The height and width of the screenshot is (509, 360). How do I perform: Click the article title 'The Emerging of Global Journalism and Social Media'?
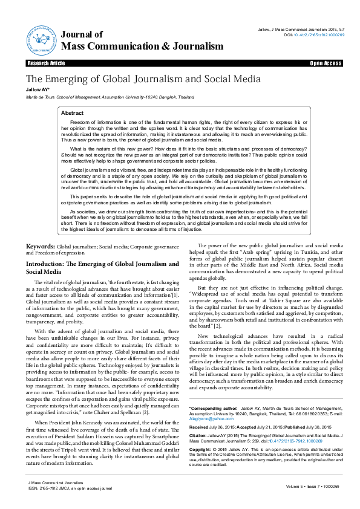(x=143, y=79)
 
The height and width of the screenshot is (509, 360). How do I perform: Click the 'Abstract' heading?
(x=73, y=113)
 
